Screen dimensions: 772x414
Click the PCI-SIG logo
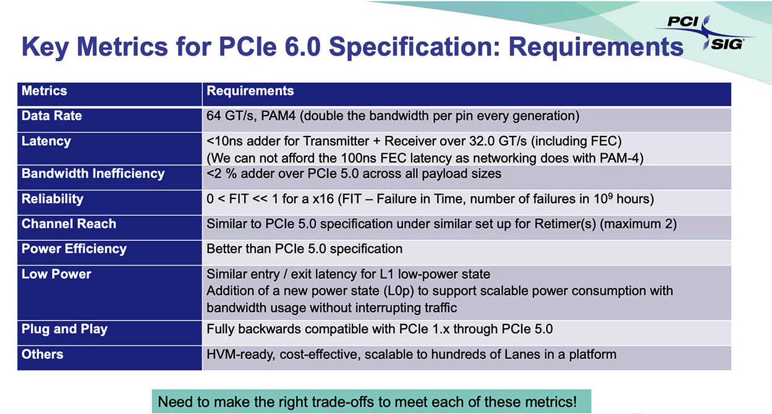click(x=705, y=33)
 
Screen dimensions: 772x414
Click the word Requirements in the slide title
click(x=596, y=46)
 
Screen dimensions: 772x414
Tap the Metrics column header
click(x=44, y=91)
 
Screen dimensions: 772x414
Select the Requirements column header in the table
click(x=250, y=91)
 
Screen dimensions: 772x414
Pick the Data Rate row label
click(x=52, y=116)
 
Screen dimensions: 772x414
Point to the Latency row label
click(x=46, y=142)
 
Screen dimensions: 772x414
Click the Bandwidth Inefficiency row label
click(x=93, y=174)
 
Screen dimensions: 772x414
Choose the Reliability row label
click(x=53, y=199)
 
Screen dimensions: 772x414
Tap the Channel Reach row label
click(x=69, y=224)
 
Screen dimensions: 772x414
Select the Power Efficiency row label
click(x=74, y=249)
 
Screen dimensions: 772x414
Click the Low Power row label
click(x=56, y=274)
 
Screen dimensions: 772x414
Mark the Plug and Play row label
click(x=64, y=329)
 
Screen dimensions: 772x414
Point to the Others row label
click(x=43, y=355)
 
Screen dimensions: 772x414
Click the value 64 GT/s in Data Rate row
click(x=231, y=116)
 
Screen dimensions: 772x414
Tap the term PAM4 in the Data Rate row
click(x=278, y=116)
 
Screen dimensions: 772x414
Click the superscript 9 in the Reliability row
click(x=610, y=196)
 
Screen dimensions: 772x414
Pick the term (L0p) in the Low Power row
click(x=399, y=291)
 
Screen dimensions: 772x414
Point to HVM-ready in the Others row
click(x=240, y=355)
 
